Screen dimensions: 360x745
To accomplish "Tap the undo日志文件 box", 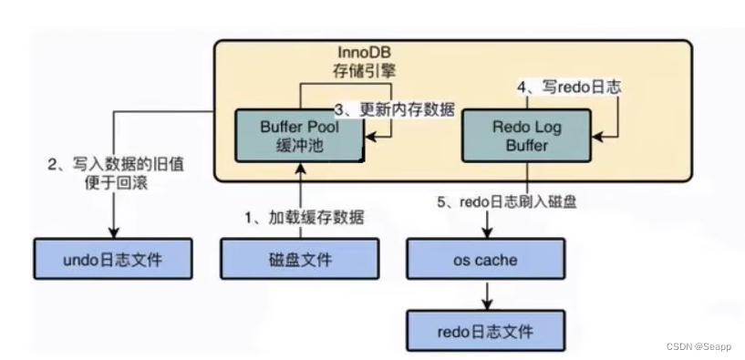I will [114, 260].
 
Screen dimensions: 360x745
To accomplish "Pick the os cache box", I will [485, 260].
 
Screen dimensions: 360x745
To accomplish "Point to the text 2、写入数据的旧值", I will [102, 165].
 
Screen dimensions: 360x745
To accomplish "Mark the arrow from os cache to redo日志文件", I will [485, 293].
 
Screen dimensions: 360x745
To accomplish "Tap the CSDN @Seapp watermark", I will [698, 346].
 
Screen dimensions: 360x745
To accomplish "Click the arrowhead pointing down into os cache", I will [485, 234].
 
